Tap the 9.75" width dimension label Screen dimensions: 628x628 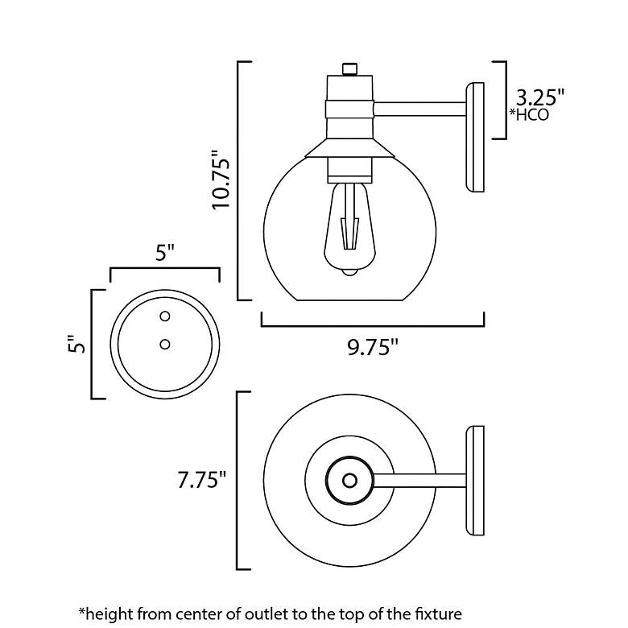(373, 347)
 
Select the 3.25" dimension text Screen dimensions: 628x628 (539, 97)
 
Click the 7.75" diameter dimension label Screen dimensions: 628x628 (201, 481)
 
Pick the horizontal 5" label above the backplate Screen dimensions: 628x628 (165, 253)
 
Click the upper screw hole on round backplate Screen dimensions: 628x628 (165, 315)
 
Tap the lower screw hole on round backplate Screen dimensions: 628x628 (165, 344)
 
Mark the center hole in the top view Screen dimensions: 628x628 (349, 480)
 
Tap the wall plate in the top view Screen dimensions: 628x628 (475, 481)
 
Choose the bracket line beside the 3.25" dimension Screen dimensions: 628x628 (505, 100)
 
